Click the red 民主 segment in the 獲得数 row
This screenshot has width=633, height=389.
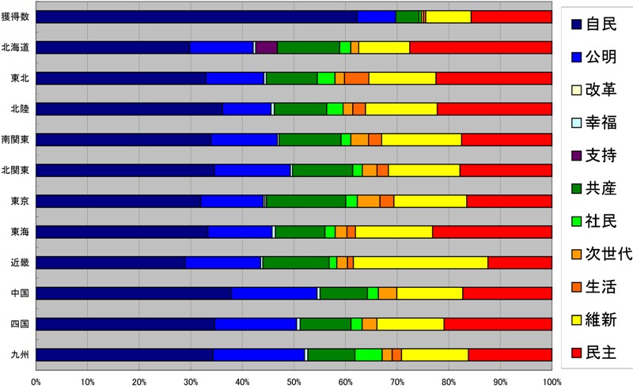(x=511, y=17)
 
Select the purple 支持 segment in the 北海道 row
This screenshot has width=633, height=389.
(x=267, y=47)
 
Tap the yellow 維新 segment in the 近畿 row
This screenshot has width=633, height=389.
(x=420, y=262)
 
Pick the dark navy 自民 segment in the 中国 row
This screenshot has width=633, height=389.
(x=134, y=293)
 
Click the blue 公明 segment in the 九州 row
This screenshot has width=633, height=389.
(x=259, y=355)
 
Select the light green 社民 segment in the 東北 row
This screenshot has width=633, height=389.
(x=326, y=78)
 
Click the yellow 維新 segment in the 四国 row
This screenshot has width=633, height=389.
(x=410, y=324)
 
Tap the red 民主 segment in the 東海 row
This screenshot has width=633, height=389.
(x=492, y=232)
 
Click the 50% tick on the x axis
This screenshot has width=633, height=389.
(x=294, y=381)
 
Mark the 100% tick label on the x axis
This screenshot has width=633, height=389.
(x=552, y=381)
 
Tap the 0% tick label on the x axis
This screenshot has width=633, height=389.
(x=36, y=381)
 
